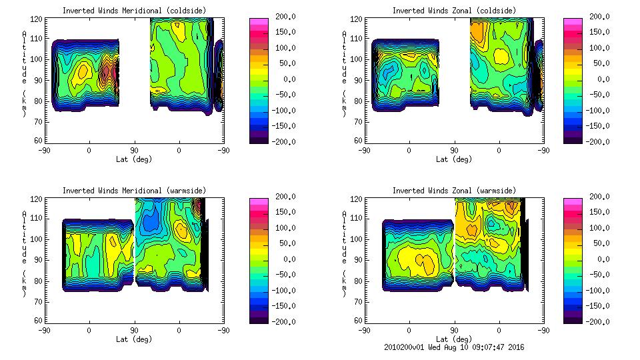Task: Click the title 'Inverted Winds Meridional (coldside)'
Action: point(134,11)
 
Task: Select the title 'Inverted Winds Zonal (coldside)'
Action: point(453,11)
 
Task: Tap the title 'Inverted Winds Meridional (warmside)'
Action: point(134,191)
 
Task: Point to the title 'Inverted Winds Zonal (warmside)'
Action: point(453,191)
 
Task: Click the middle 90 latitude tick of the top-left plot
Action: point(133,150)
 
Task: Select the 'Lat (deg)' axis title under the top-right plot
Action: point(453,159)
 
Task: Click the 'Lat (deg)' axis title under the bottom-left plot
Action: point(134,339)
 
